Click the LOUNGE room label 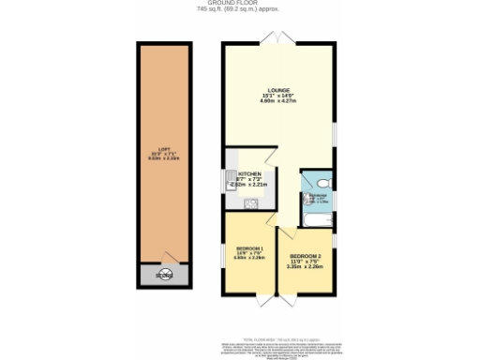[x=278, y=92]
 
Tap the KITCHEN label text [x=249, y=174]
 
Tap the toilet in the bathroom [x=321, y=183]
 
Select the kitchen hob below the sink [x=230, y=197]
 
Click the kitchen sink [x=230, y=178]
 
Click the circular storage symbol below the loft [x=163, y=277]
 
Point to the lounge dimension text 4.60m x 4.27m [x=278, y=103]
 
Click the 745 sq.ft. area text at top [x=240, y=12]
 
